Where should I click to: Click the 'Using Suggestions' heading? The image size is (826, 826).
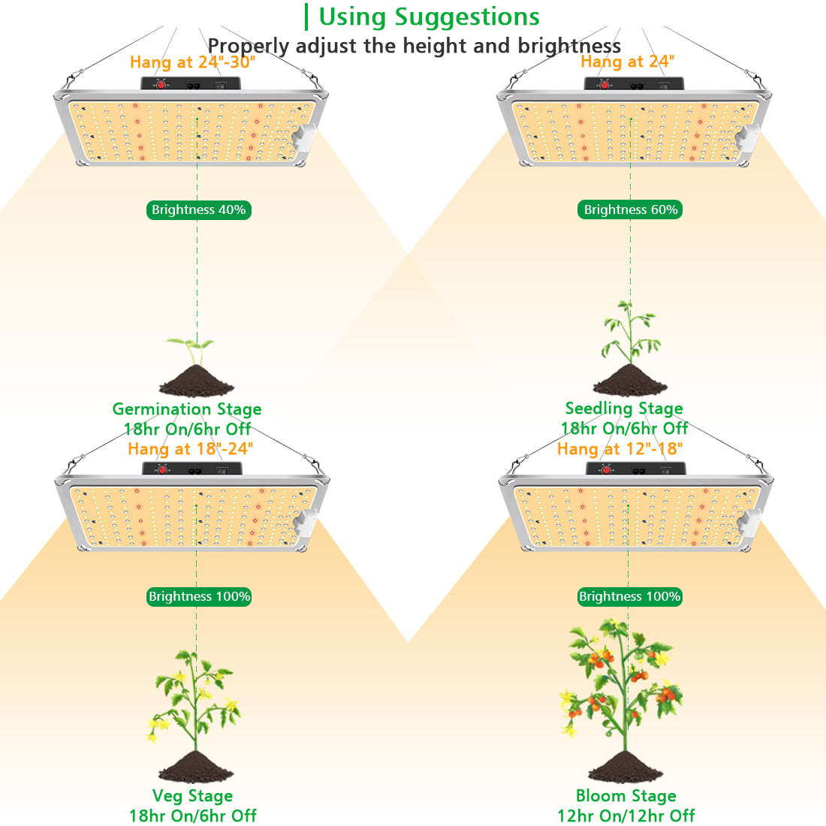[429, 17]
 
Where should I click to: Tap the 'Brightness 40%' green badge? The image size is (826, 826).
[198, 210]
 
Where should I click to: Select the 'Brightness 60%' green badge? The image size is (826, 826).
[630, 210]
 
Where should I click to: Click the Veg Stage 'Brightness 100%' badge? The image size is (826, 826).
[198, 596]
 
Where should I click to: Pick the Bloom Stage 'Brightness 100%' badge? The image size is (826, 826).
[630, 596]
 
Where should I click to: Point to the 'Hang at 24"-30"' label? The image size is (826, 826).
[193, 62]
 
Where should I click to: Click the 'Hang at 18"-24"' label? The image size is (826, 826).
[191, 449]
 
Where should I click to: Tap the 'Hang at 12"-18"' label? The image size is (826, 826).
[620, 449]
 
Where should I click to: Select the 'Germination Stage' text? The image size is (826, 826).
[187, 409]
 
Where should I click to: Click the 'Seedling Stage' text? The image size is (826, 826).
[624, 408]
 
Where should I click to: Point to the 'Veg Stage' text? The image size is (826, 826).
[192, 795]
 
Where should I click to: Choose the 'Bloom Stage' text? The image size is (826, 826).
[626, 795]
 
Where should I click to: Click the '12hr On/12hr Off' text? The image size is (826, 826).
[626, 816]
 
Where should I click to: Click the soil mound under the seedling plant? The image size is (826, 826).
[630, 381]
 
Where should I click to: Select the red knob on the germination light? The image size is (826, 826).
[161, 84]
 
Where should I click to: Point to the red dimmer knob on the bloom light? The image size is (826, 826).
[606, 470]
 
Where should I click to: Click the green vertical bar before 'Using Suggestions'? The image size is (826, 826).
[306, 17]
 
